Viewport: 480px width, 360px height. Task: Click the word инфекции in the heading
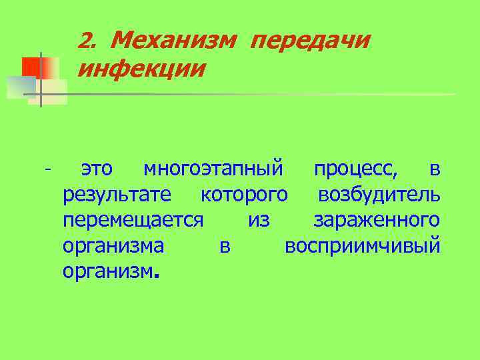pyautogui.click(x=141, y=68)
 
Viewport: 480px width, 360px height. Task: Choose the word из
pyautogui.click(x=259, y=220)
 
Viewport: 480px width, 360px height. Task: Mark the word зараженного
pyautogui.click(x=376, y=220)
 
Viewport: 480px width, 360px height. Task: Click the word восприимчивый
pyautogui.click(x=362, y=245)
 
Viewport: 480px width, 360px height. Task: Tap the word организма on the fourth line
pyautogui.click(x=113, y=245)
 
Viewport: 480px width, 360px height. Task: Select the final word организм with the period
pyautogui.click(x=111, y=271)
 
